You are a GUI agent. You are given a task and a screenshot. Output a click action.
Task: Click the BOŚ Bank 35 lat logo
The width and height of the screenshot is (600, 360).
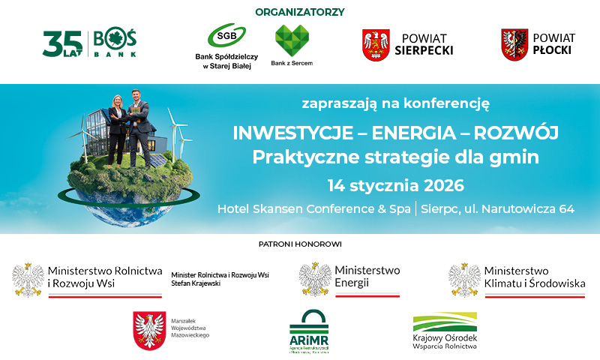pos(89,43)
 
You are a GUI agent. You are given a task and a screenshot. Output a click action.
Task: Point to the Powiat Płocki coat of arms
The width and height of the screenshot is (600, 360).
pos(514,44)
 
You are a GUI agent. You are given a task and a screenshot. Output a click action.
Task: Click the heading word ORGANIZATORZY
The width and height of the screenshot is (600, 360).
pos(299,12)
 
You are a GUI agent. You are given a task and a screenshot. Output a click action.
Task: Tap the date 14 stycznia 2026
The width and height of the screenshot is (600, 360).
pos(395,184)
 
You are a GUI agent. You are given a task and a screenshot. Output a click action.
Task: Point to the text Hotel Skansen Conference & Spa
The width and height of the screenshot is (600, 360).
pos(313,208)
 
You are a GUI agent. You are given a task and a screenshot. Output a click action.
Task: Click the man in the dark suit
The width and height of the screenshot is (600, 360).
pos(140,124)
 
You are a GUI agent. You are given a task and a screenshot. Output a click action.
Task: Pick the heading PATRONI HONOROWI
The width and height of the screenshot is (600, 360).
pos(300,244)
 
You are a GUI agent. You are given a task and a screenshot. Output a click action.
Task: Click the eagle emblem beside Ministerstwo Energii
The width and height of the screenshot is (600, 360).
pos(314,279)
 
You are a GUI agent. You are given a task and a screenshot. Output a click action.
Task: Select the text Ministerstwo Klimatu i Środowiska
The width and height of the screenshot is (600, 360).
pos(533,277)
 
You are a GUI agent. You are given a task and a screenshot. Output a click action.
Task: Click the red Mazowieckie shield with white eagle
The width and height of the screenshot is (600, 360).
pos(148,330)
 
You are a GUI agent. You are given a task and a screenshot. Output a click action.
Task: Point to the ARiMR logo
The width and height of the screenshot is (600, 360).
pos(308,330)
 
